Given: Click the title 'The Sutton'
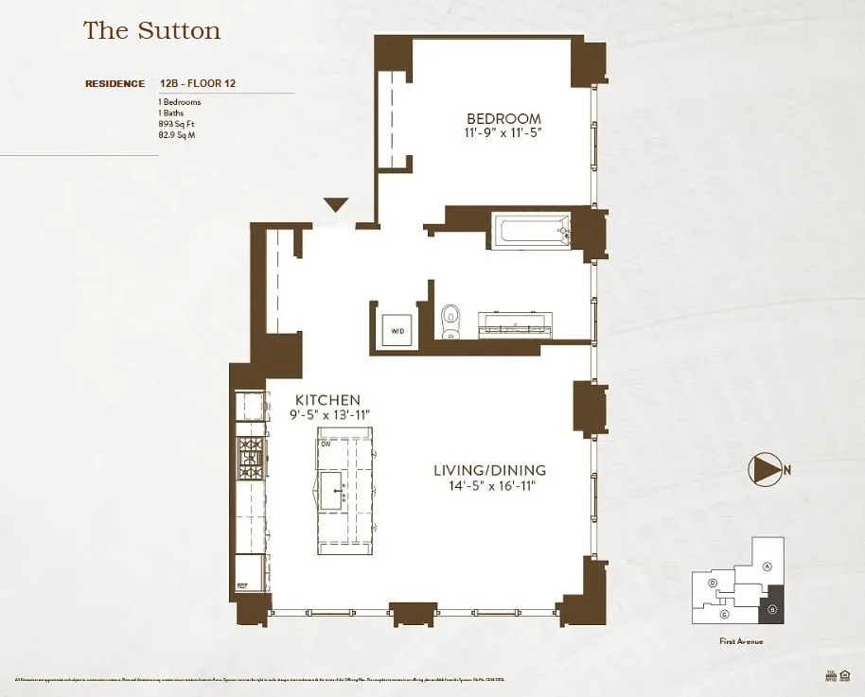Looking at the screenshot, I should (x=151, y=30).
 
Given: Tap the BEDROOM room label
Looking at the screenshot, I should (x=503, y=118).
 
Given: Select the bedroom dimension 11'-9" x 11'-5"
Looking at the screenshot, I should (x=503, y=133).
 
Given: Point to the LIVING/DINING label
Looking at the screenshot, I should (x=489, y=470).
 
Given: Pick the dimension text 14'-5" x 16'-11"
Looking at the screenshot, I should (x=489, y=486).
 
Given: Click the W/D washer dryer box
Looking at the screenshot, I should (x=397, y=331).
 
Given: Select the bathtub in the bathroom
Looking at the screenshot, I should (x=533, y=232).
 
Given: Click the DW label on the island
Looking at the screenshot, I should (x=325, y=443).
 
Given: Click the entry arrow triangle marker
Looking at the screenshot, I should (x=336, y=204).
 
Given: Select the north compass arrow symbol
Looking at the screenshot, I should (x=766, y=468).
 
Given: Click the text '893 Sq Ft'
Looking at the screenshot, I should (x=176, y=123).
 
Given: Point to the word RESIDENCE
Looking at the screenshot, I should (x=115, y=83).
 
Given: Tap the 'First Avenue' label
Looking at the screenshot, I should (x=741, y=642).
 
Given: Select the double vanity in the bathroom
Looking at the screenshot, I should (x=517, y=323).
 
